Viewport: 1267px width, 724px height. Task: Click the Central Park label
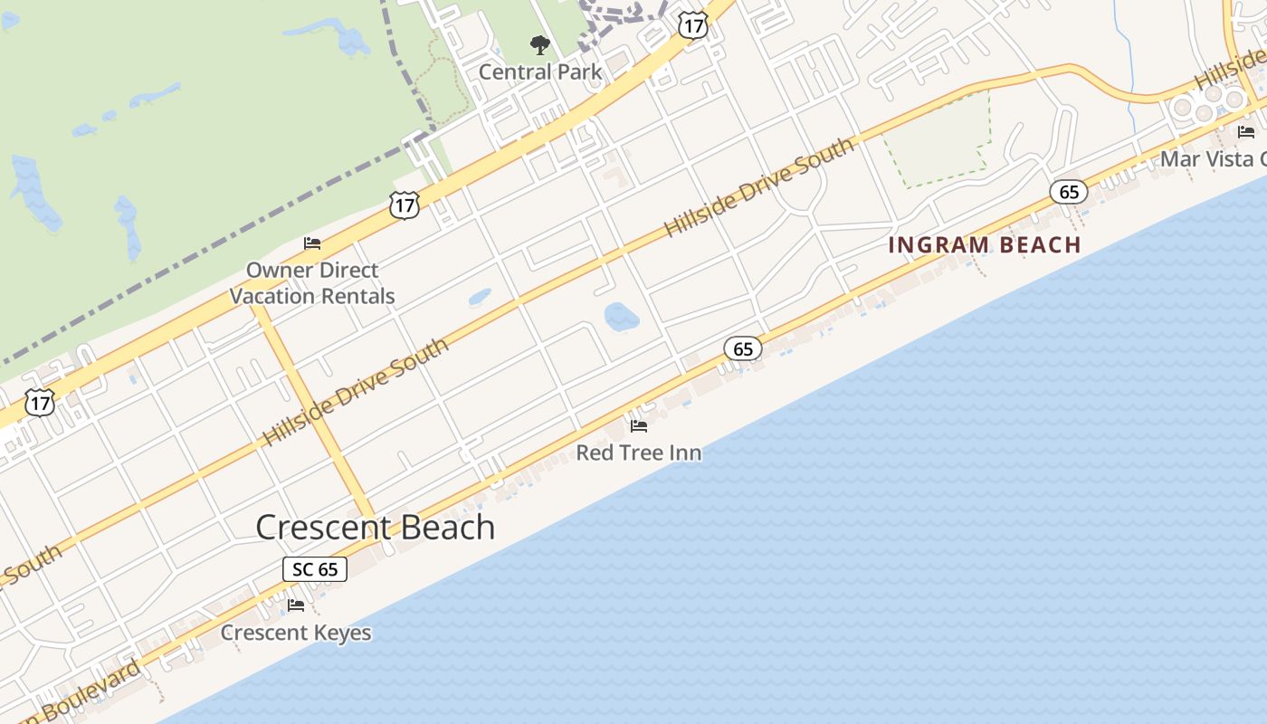coord(540,71)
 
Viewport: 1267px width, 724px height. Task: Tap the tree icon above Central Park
coord(540,44)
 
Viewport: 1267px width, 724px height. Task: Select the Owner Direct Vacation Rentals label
coord(312,282)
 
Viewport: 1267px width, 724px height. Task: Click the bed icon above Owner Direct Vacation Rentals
coord(312,243)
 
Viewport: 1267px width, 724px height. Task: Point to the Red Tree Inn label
coord(639,452)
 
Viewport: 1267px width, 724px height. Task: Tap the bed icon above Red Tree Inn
coord(639,426)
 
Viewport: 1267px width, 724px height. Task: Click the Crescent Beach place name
coord(376,528)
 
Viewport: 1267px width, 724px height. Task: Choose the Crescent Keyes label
coord(296,633)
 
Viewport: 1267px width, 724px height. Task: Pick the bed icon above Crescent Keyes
coord(296,605)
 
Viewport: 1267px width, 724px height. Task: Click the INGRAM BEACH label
coord(985,245)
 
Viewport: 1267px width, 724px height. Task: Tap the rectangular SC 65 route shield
coord(315,569)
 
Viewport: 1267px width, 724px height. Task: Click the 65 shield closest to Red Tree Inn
coord(743,348)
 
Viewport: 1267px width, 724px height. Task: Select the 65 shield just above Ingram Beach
coord(1069,192)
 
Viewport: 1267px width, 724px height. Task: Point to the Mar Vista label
coord(1213,159)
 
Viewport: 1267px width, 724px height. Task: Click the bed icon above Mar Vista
coord(1246,132)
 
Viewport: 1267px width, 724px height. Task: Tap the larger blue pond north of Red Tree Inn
coord(622,317)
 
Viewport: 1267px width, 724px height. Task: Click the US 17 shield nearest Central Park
coord(692,25)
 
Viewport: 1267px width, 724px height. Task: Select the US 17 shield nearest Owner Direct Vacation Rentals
coord(405,205)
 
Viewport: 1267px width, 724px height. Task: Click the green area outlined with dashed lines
coord(938,141)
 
